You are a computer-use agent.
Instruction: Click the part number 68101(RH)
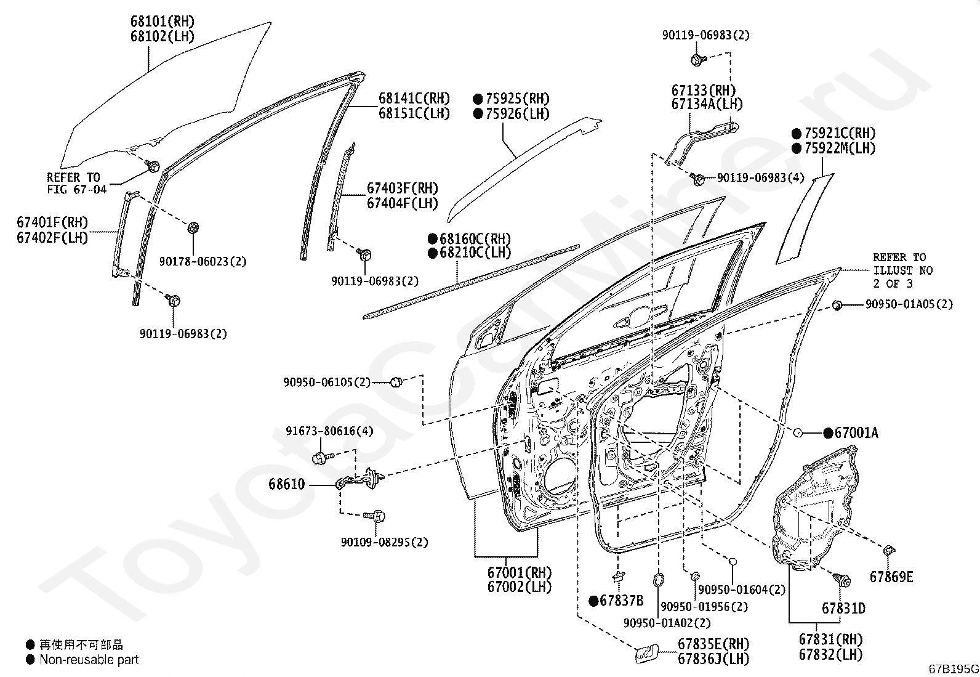click(x=163, y=21)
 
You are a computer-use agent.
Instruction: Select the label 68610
click(x=287, y=484)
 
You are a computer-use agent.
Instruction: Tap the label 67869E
click(x=891, y=577)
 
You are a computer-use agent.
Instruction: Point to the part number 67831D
click(x=843, y=608)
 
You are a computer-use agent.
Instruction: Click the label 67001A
click(x=856, y=433)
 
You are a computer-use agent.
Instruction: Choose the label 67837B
click(x=622, y=601)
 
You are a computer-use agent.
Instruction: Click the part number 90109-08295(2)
click(x=385, y=542)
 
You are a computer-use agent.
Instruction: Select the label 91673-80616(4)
click(x=329, y=431)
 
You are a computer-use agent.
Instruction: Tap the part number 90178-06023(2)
click(x=203, y=261)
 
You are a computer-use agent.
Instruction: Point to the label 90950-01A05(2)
click(x=909, y=304)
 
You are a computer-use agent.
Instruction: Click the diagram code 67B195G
click(x=954, y=669)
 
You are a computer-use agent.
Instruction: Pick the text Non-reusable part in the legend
click(x=89, y=660)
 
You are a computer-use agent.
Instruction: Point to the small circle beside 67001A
click(x=797, y=433)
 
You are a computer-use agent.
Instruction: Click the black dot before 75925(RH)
click(x=478, y=99)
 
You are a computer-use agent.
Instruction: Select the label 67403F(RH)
click(x=403, y=189)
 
